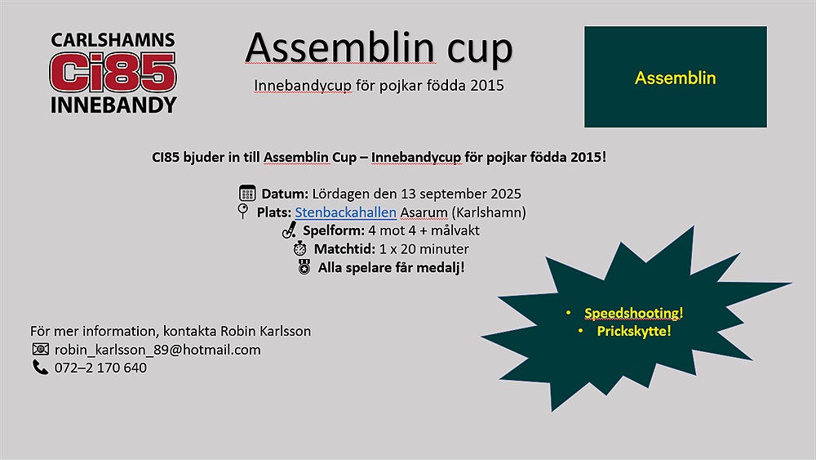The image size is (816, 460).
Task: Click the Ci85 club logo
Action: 113,73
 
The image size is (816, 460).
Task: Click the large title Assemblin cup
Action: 379,48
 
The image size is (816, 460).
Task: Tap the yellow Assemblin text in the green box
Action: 675,78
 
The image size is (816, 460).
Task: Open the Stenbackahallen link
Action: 345,212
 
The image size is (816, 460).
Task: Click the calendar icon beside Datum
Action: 247,193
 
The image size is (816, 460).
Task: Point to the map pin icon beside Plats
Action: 242,211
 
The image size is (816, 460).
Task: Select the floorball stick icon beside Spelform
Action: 290,230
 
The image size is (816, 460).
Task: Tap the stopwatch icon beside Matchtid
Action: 299,248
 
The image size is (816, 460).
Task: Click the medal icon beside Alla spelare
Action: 304,266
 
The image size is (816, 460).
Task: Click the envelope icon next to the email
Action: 41,349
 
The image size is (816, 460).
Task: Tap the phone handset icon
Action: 40,368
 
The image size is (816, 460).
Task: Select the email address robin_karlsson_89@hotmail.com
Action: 157,350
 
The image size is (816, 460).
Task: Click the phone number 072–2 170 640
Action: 100,368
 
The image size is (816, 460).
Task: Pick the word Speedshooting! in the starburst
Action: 633,313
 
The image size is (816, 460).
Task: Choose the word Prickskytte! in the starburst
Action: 634,332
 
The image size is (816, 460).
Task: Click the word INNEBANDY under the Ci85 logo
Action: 113,105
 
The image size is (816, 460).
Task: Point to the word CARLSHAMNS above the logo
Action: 113,40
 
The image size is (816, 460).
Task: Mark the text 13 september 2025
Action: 461,194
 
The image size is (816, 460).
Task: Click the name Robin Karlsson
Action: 265,332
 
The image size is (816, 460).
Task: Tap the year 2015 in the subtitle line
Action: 486,85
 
